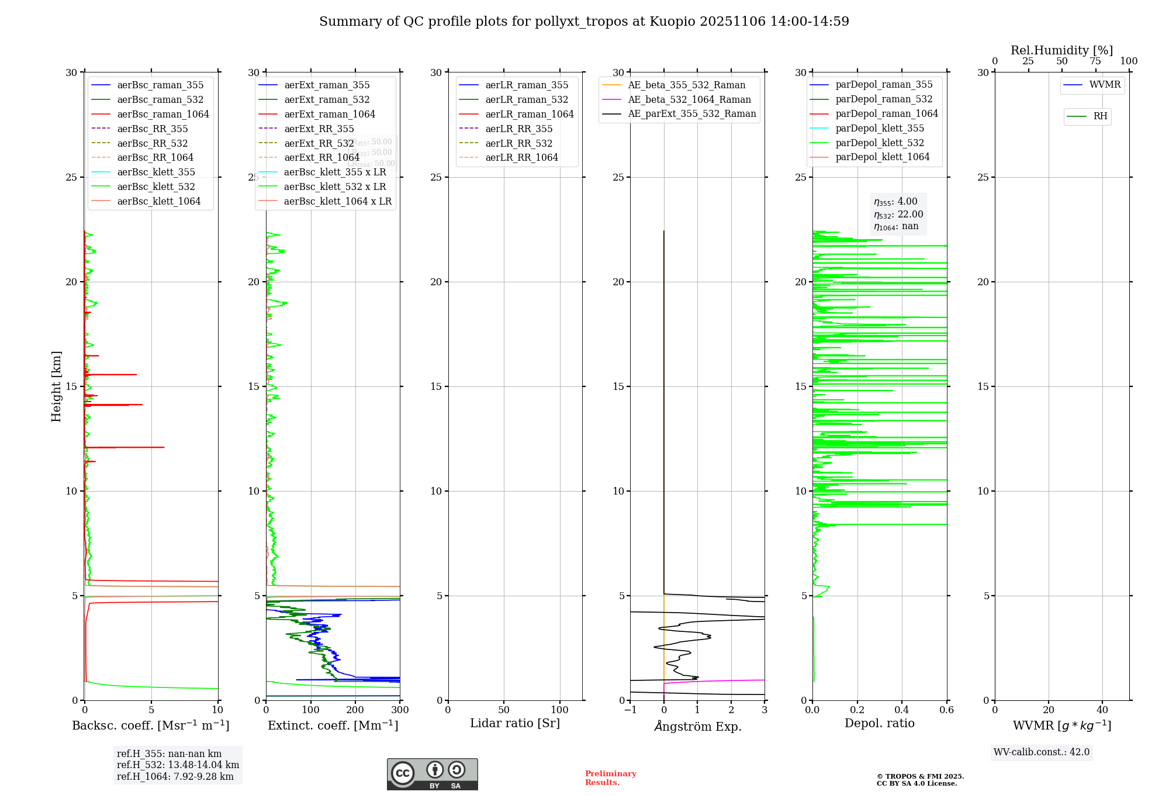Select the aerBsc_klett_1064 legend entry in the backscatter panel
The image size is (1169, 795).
(158, 201)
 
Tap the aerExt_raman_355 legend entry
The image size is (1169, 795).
(327, 85)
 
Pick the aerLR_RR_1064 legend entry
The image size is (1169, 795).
(521, 157)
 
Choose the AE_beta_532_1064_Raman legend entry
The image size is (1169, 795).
(689, 99)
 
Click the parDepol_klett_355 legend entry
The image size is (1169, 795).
(880, 128)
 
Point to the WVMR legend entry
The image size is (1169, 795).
(1104, 85)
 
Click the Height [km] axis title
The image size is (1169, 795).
(56, 386)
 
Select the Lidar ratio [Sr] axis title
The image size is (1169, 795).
(514, 723)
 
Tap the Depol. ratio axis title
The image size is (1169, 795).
(879, 723)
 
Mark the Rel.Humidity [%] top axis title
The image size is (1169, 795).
(1061, 50)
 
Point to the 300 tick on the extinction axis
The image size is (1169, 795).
(400, 710)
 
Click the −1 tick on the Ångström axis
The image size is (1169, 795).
(630, 710)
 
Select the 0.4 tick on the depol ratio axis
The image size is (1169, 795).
(902, 710)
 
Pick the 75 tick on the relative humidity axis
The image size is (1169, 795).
(1095, 61)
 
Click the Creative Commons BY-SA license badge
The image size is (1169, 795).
(432, 774)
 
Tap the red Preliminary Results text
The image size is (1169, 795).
(610, 777)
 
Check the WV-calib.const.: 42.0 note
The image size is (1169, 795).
(1041, 752)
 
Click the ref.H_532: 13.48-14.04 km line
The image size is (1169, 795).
(178, 765)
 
